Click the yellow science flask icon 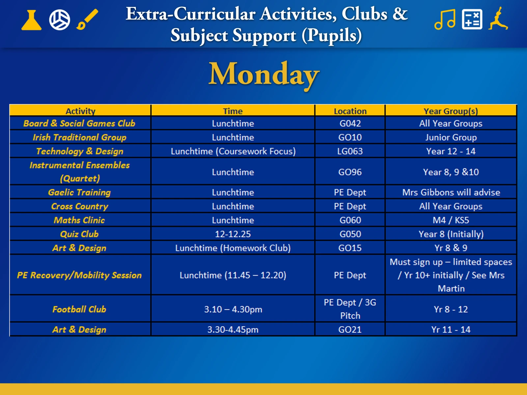click(31, 20)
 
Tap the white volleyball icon click(60, 20)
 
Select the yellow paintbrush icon click(87, 19)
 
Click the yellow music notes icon click(445, 19)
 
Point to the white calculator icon click(472, 19)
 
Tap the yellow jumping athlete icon click(498, 18)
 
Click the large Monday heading click(264, 75)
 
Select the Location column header click(350, 111)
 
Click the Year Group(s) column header click(451, 111)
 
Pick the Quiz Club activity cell click(79, 234)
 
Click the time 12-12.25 click(233, 234)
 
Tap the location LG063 click(350, 151)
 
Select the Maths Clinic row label click(79, 220)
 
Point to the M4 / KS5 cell click(451, 220)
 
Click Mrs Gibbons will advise click(451, 192)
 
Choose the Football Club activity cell click(79, 309)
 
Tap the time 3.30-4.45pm click(233, 330)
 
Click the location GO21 click(350, 329)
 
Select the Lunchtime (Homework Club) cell click(233, 248)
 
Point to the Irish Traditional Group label click(79, 137)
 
